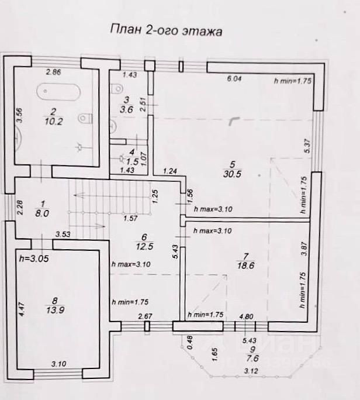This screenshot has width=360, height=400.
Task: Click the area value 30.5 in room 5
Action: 232,173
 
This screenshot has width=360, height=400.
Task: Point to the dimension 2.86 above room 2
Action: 54,73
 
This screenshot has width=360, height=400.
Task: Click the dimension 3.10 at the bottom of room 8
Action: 58,364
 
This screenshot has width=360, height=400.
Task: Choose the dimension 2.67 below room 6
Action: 145,318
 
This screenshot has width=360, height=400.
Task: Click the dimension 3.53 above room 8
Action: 63,235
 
